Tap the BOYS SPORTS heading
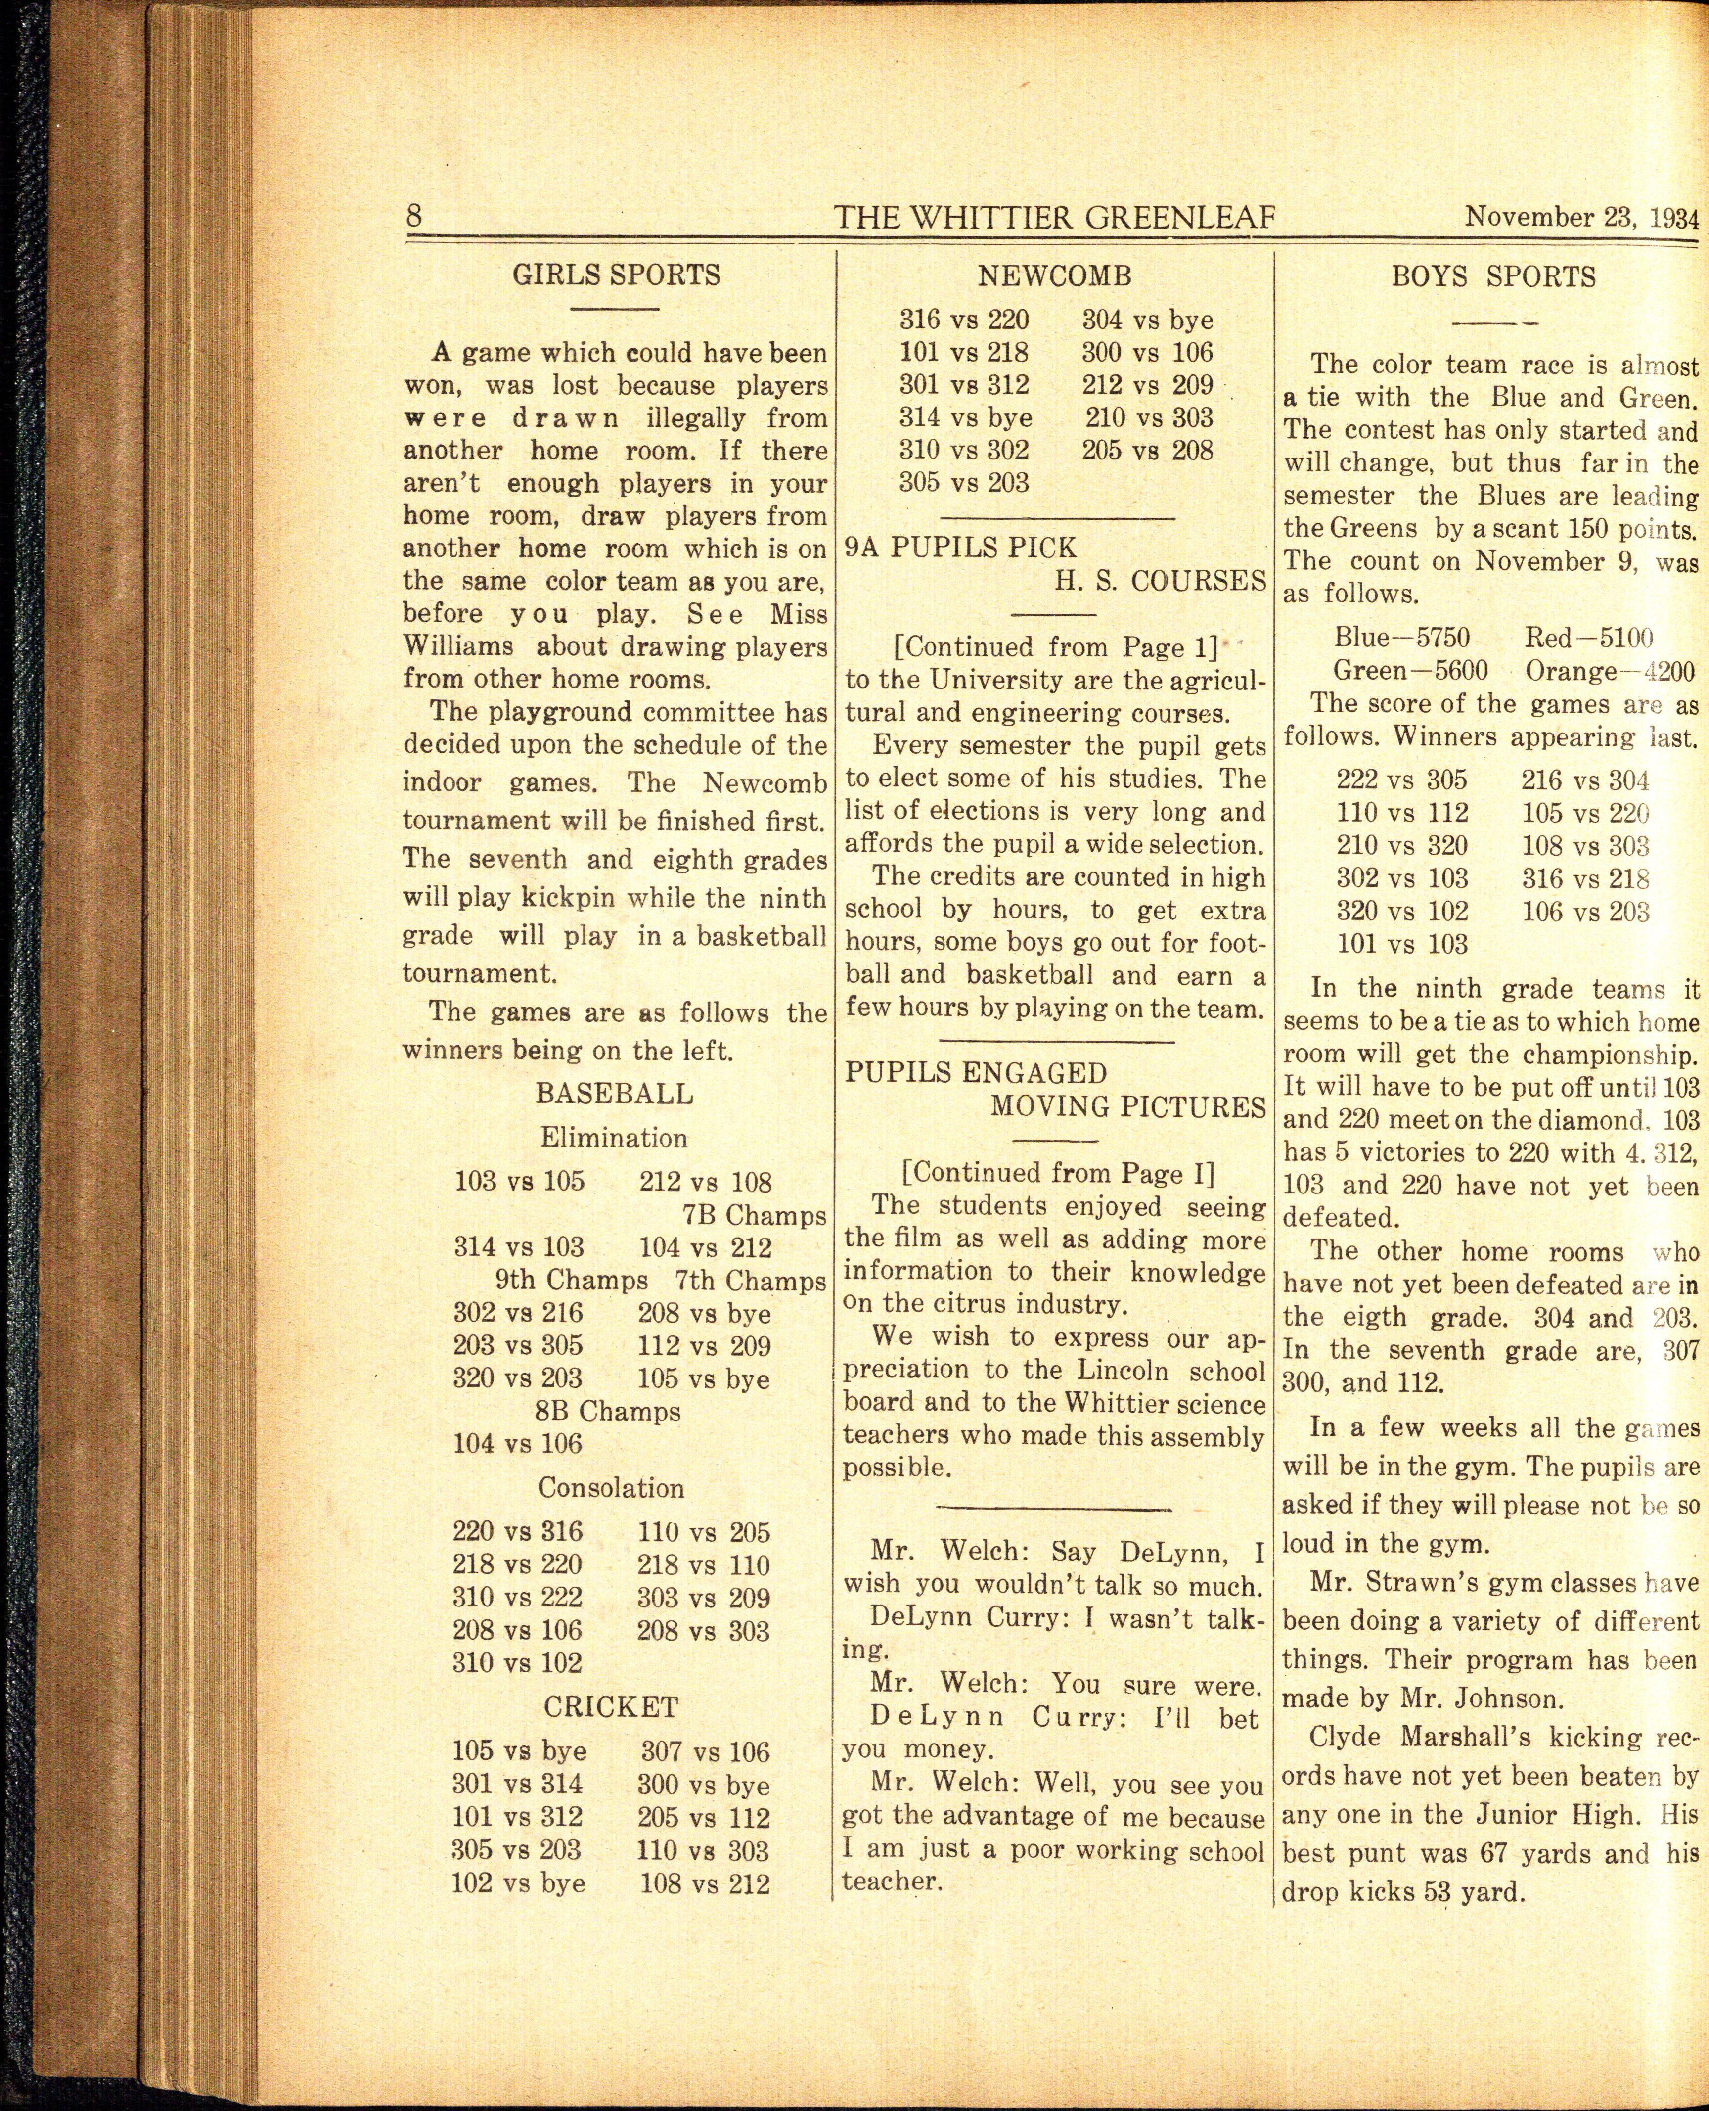pyautogui.click(x=1492, y=277)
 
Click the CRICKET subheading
pyautogui.click(x=610, y=1706)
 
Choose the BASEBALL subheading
pyautogui.click(x=613, y=1094)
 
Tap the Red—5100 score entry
pyautogui.click(x=1588, y=637)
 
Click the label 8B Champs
pyautogui.click(x=607, y=1411)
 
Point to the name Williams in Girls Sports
pyautogui.click(x=458, y=647)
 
